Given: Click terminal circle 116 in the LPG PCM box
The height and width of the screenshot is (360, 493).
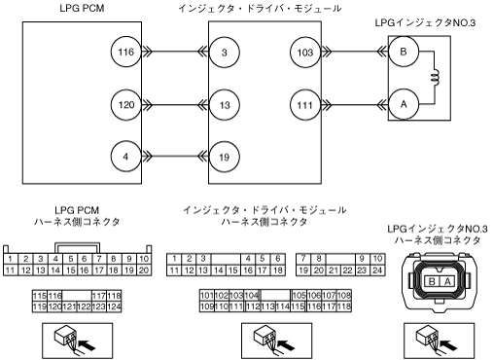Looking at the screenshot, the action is click(x=126, y=52).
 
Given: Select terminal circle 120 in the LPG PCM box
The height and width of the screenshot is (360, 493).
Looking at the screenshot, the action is click(x=126, y=105).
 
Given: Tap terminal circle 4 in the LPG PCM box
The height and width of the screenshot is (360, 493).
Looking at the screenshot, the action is click(x=126, y=157).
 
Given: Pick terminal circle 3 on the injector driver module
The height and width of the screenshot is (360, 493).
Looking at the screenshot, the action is click(x=225, y=53).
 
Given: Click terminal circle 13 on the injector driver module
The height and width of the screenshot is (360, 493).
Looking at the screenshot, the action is click(x=225, y=105).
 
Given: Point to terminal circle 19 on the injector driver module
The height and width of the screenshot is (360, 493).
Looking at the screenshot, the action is click(x=225, y=158).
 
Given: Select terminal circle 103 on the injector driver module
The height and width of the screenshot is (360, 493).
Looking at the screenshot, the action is click(x=305, y=53).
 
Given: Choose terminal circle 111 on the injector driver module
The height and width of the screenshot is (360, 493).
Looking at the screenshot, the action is click(x=305, y=105).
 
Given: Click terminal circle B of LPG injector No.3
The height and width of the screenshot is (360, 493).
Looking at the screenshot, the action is click(x=404, y=52).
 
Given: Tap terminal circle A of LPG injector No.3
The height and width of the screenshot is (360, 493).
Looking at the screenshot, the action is click(x=404, y=104).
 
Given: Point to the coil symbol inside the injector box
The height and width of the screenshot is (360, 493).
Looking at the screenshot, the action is click(x=435, y=78).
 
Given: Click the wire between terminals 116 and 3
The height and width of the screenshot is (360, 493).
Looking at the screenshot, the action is click(x=175, y=52).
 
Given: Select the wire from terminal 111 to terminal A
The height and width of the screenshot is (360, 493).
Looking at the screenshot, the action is click(x=355, y=105).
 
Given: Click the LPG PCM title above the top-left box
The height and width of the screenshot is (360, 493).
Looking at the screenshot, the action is click(x=82, y=8).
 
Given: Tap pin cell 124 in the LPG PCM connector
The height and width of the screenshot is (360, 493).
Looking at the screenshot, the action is click(x=114, y=306).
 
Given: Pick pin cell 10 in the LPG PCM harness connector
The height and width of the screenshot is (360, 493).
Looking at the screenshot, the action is click(x=144, y=259).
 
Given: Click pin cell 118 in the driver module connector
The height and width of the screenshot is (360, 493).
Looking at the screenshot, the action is click(x=344, y=306).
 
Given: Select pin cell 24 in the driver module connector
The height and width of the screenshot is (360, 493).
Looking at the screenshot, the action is click(x=377, y=270).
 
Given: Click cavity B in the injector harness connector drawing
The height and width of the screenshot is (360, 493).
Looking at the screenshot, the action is click(x=432, y=281).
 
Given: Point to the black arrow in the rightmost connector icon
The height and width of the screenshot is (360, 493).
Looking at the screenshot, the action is click(x=449, y=344).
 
